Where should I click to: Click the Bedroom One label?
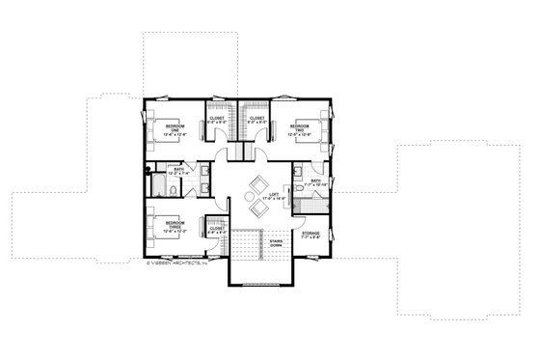[x=175, y=129]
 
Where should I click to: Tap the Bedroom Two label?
[x=300, y=129]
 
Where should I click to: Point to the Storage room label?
[x=310, y=235]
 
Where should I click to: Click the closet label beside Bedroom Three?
[x=217, y=231]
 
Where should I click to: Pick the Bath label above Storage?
[x=316, y=182]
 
